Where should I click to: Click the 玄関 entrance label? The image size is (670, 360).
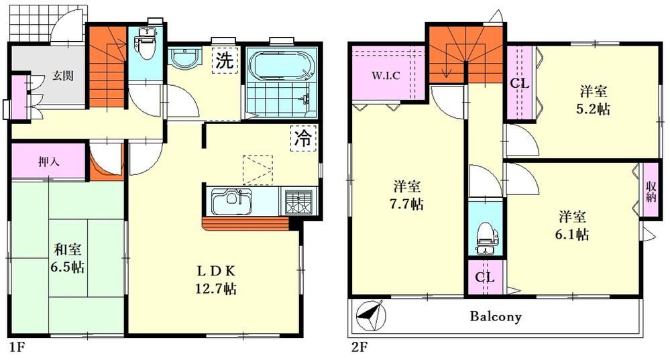[x=63, y=76]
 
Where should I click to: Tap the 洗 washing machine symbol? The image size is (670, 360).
[x=224, y=60]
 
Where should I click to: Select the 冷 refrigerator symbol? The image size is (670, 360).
[x=303, y=138]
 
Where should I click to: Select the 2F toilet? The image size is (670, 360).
[x=486, y=238]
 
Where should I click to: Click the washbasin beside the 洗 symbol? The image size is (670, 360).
[x=184, y=58]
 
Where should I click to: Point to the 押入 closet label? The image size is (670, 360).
[x=49, y=162]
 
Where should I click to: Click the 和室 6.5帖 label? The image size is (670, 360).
[x=68, y=258]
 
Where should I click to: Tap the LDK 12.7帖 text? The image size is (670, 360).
[x=216, y=280]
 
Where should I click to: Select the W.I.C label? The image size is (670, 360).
[x=386, y=76]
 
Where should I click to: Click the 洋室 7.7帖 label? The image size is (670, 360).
[x=407, y=195]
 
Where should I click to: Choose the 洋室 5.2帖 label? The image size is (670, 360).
[x=594, y=101]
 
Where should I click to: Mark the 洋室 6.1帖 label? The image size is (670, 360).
[x=572, y=225]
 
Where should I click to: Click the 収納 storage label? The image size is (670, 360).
[x=651, y=192]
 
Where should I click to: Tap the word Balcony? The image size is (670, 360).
[x=496, y=316]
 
